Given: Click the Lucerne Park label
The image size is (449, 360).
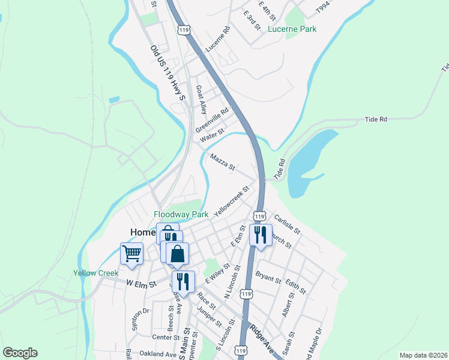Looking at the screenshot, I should point(292,29).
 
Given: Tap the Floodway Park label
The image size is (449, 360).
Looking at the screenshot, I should point(181,214).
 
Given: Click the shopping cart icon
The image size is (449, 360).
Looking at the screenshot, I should point(131,253).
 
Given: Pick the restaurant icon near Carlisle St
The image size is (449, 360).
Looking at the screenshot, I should point(261,235).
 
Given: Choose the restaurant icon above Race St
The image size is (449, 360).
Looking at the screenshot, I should point(183,281).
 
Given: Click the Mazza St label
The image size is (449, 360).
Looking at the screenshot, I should point(223,161).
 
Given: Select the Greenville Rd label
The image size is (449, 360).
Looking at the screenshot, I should point(212,121).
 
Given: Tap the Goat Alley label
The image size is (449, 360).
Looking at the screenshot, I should point(201,100).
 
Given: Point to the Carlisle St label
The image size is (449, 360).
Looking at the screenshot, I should point(286,224).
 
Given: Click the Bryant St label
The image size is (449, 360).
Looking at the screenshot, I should point(268,277).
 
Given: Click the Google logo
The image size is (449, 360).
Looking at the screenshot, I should point(20,353).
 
